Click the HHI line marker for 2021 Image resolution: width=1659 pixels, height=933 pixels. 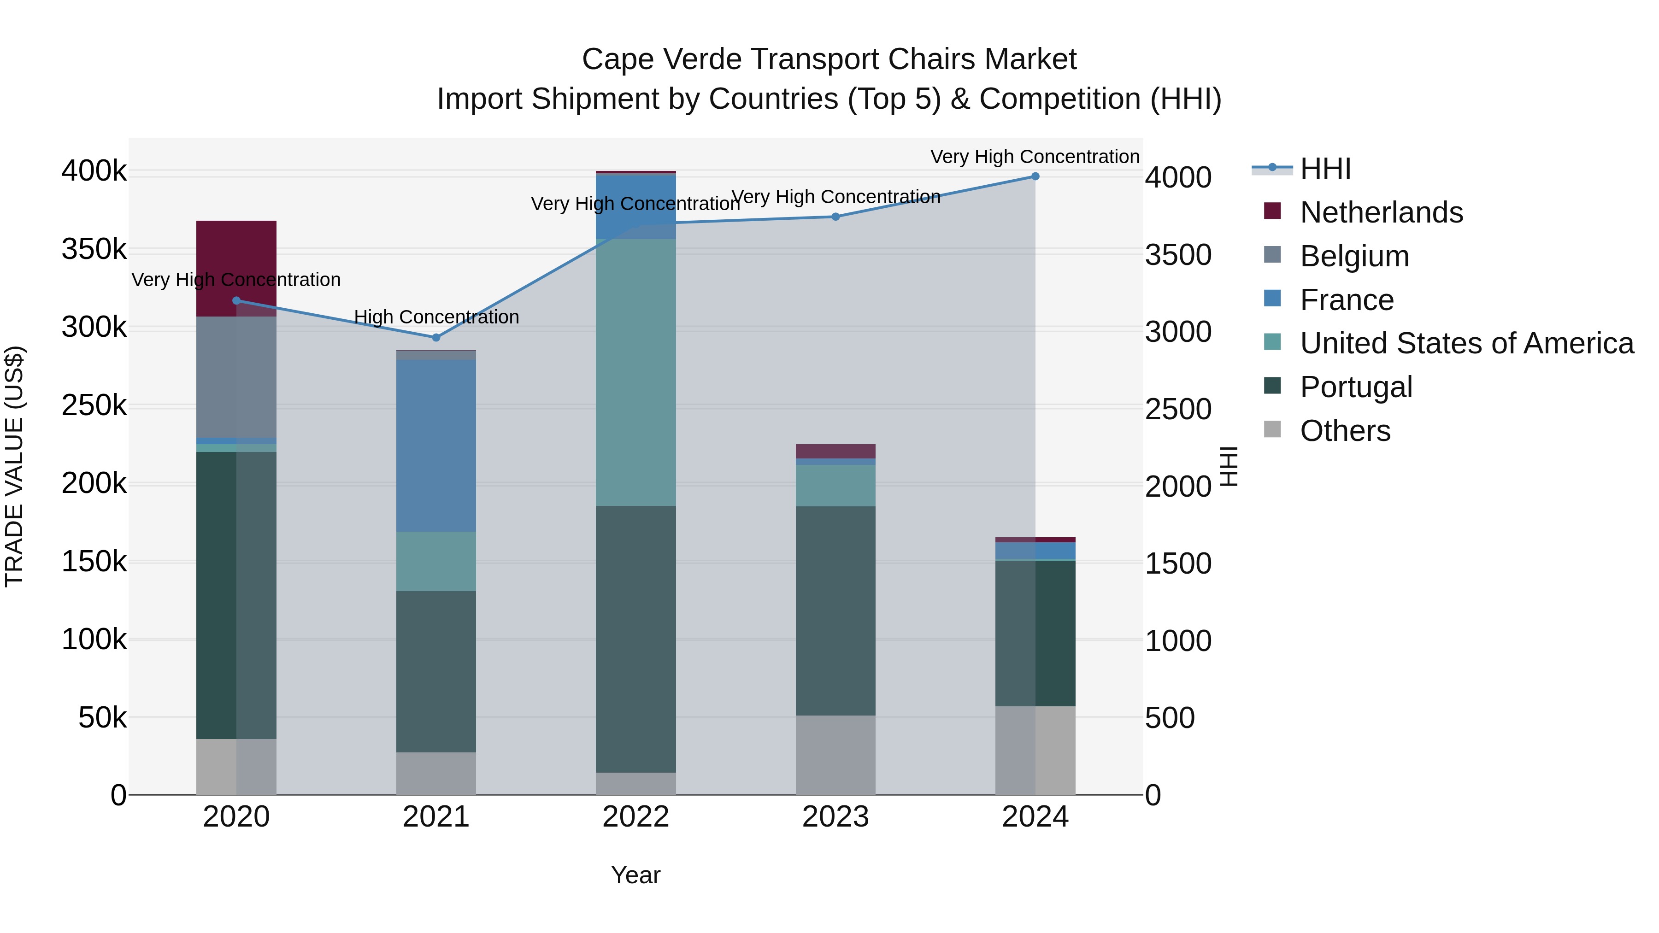coord(436,337)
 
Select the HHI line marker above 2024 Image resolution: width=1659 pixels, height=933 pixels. coord(1035,176)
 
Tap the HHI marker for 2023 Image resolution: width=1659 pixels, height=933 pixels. coord(835,217)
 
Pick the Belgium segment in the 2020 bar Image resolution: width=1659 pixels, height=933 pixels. coord(236,377)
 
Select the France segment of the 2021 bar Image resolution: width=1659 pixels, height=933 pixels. coord(436,446)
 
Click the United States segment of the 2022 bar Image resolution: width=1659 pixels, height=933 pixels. coord(635,372)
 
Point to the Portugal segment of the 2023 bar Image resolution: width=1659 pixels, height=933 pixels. coord(835,610)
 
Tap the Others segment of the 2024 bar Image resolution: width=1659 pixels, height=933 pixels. coord(1035,750)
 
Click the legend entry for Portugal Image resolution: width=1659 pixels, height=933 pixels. coord(1356,387)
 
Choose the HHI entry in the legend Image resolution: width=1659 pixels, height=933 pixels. coord(1325,169)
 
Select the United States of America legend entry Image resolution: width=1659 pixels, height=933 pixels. coord(1466,343)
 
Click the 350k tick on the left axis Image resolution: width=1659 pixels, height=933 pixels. coord(94,249)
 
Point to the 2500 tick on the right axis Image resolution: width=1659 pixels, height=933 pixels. coord(1178,410)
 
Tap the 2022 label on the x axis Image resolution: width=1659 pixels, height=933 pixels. coord(635,817)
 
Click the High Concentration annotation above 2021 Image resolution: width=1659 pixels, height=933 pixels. coord(436,317)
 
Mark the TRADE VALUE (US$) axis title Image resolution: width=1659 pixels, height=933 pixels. coord(14,466)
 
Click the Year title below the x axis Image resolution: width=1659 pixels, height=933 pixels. coord(635,875)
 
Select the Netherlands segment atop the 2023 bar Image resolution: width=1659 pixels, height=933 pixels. coord(835,451)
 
